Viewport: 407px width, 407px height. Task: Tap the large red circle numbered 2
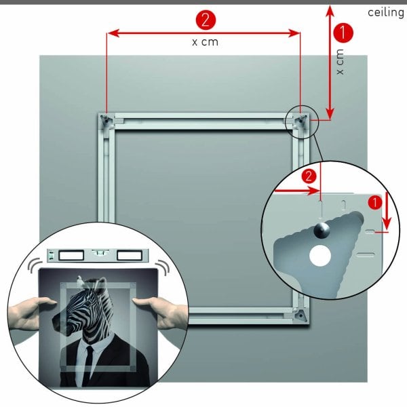pos(206,18)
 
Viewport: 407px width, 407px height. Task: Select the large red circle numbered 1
pos(345,32)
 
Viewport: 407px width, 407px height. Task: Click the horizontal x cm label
pos(206,42)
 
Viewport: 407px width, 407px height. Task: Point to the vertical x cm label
pos(340,62)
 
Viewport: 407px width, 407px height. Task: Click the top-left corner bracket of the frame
pos(107,120)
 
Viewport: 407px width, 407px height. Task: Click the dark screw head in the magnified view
pos(324,230)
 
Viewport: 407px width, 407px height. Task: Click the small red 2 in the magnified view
pos(309,176)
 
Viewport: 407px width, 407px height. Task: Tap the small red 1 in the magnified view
pos(374,202)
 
